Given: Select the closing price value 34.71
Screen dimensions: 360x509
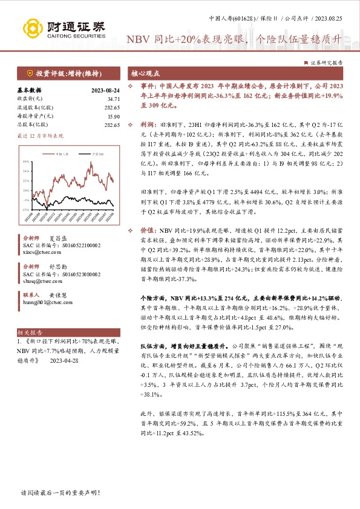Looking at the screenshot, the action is coord(113,98).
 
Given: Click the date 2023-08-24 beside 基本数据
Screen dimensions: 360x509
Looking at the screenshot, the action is coord(104,89).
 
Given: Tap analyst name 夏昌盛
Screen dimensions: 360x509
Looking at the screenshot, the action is coord(59,255).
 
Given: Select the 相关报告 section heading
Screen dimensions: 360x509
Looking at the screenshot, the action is coord(30,332).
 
